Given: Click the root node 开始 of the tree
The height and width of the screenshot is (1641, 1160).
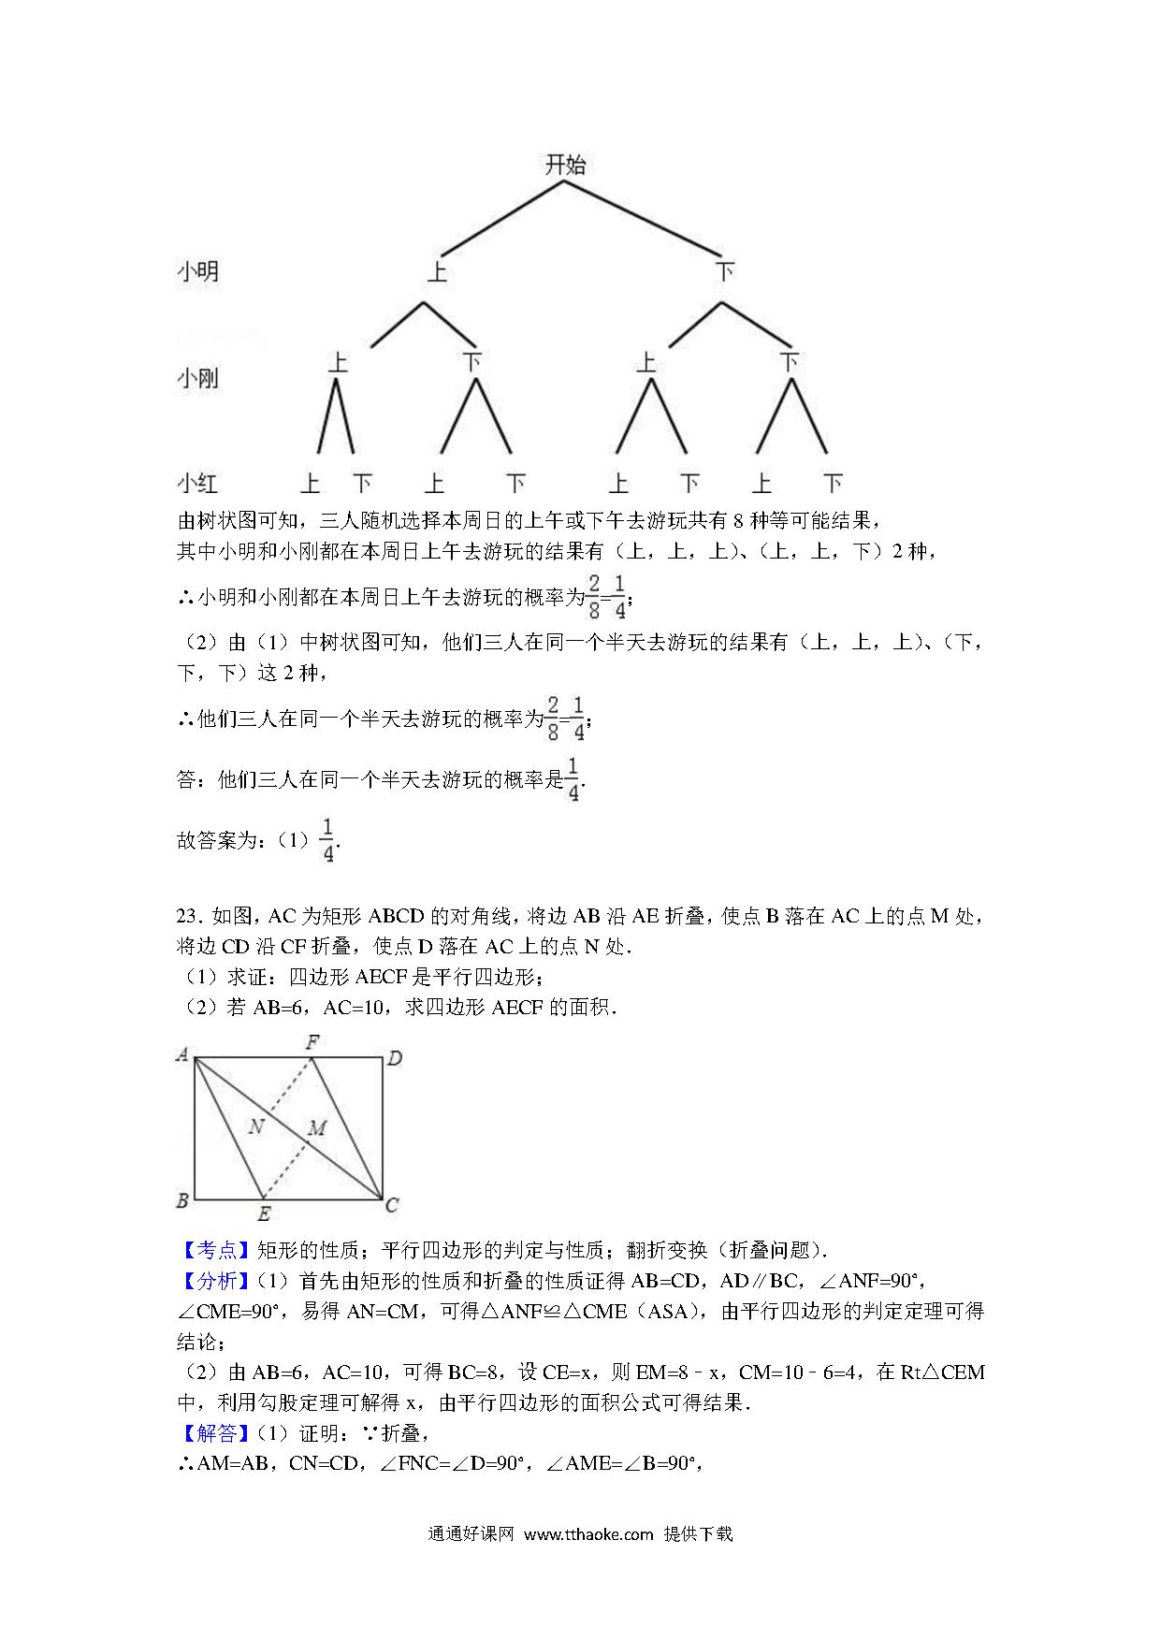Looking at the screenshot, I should pyautogui.click(x=565, y=166).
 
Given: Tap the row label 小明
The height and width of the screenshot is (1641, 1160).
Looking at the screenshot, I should pyautogui.click(x=197, y=271).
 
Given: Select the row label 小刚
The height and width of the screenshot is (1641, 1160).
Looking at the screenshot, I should pyautogui.click(x=197, y=378).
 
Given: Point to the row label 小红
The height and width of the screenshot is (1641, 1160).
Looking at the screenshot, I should pyautogui.click(x=197, y=483).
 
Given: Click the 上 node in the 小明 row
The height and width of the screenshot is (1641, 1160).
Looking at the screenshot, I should pyautogui.click(x=437, y=272).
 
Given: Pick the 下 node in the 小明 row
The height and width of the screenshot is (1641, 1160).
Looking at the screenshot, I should pyautogui.click(x=724, y=272).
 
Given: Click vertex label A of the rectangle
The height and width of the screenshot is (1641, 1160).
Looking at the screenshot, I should pyautogui.click(x=182, y=1055).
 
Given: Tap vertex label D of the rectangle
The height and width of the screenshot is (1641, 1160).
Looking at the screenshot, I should pyautogui.click(x=395, y=1058).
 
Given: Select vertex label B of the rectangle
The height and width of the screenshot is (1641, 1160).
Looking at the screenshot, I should pyautogui.click(x=182, y=1200).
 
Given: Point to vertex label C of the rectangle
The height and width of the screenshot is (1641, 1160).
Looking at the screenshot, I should pyautogui.click(x=392, y=1205).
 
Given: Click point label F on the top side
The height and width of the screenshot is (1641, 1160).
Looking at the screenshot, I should pyautogui.click(x=312, y=1041).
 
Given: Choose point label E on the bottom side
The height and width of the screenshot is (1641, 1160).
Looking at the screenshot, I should pyautogui.click(x=264, y=1214).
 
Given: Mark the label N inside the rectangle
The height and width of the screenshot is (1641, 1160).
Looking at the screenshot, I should pyautogui.click(x=256, y=1126).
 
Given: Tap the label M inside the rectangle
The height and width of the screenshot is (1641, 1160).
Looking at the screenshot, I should pyautogui.click(x=317, y=1128).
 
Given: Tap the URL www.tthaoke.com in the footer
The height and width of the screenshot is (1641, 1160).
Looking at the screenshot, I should pyautogui.click(x=588, y=1534).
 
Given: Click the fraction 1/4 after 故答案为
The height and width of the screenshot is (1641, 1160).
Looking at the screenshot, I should pyautogui.click(x=327, y=839).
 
